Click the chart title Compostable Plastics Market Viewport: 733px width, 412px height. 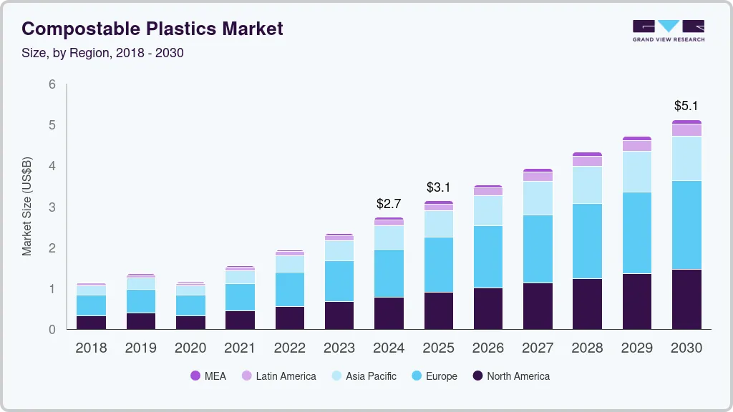click(152, 29)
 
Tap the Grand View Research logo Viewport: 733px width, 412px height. click(668, 30)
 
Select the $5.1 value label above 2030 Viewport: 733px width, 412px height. click(686, 106)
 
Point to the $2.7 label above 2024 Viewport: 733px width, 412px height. click(389, 204)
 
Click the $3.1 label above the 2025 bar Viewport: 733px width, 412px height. click(438, 187)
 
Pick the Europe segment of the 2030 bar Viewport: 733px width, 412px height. click(686, 225)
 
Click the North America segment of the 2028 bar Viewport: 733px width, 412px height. click(587, 304)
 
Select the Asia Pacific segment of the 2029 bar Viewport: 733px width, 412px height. click(636, 172)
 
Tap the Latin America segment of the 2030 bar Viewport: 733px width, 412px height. click(686, 130)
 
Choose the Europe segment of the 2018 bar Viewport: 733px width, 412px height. click(91, 305)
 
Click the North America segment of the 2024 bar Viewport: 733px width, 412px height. click(389, 313)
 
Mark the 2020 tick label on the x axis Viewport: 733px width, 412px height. click(190, 348)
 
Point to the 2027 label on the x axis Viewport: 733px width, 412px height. click(538, 348)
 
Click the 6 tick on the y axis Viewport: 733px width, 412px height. click(52, 84)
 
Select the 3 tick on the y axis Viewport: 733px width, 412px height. click(52, 207)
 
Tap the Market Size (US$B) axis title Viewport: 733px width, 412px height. click(27, 207)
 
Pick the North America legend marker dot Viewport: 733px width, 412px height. click(476, 376)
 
